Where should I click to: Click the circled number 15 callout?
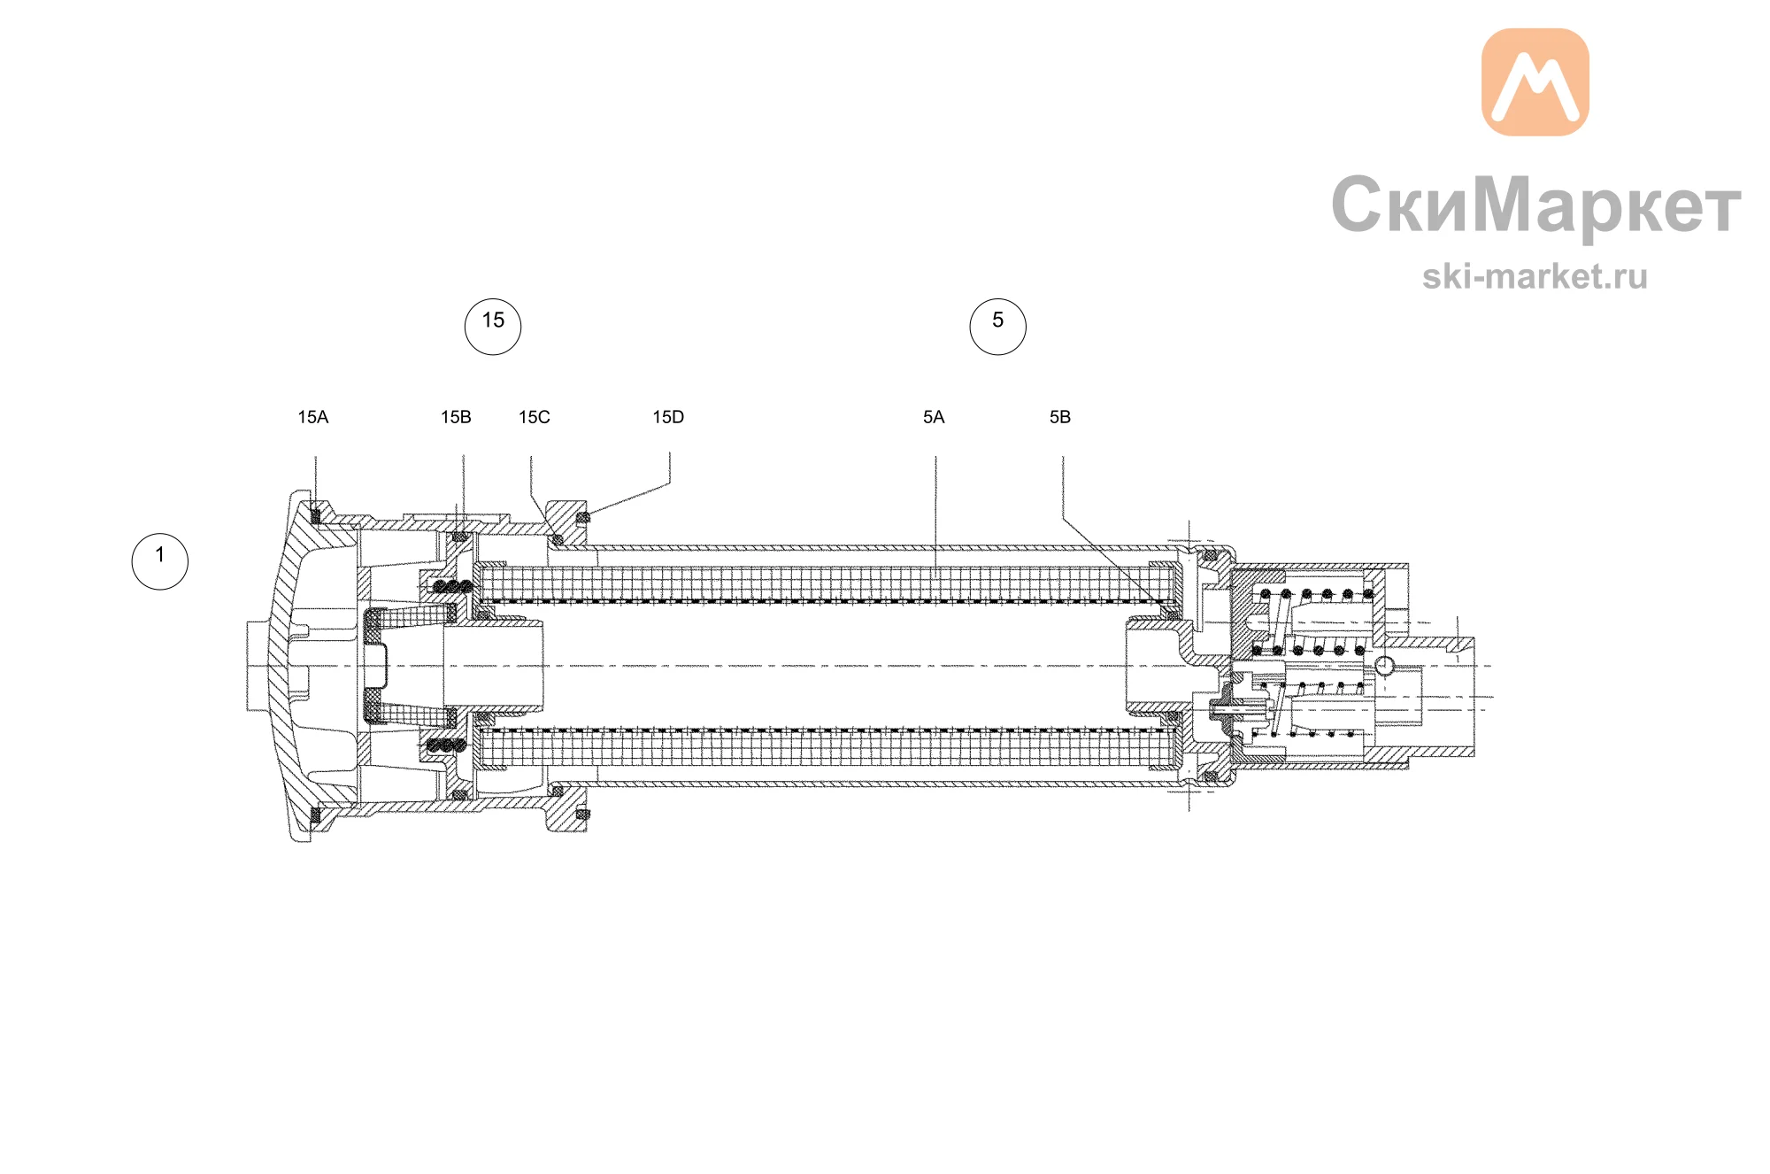493,327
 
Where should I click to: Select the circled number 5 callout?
997,327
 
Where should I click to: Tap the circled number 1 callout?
160,561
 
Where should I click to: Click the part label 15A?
313,417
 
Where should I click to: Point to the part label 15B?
456,417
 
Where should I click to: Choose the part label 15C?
535,417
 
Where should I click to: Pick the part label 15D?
668,417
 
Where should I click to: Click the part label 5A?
934,417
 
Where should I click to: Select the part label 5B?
1060,417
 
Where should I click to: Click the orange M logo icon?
1535,82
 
